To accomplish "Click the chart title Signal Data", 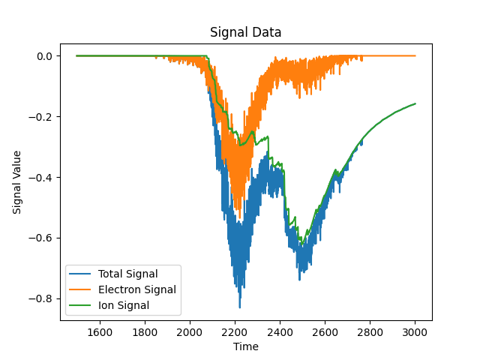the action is tap(245, 32).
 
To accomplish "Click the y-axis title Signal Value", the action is tap(16, 182).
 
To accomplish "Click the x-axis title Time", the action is tap(246, 346).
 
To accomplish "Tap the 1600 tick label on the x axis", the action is tap(100, 332).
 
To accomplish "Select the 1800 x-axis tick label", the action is tap(145, 332).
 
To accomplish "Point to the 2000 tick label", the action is tap(190, 332).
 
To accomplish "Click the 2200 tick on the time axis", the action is tap(235, 332).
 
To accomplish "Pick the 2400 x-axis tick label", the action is tap(280, 332).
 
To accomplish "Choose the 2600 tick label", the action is tap(325, 332).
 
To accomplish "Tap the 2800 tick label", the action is tap(370, 332).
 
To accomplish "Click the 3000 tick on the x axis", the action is tap(415, 332).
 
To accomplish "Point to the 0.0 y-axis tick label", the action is tap(45, 56).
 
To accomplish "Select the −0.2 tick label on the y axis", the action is tap(40, 117).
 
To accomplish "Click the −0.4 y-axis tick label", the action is tap(40, 178).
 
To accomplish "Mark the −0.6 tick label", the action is tap(40, 238).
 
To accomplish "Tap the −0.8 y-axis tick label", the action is tap(40, 298).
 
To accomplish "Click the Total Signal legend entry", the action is tap(113, 274).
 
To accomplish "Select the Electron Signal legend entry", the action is tap(123, 289).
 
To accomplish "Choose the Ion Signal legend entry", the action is tap(109, 305).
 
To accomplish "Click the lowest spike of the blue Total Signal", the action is tap(240, 307).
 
